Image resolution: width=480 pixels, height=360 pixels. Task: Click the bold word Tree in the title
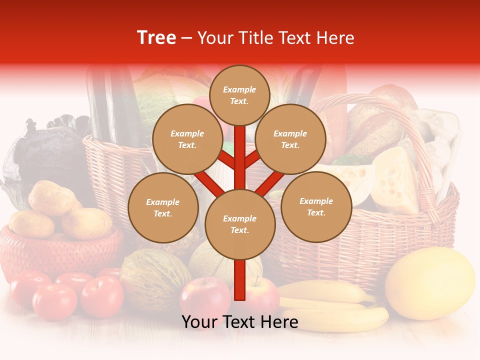click(x=156, y=38)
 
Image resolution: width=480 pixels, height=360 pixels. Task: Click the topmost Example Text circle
click(x=239, y=95)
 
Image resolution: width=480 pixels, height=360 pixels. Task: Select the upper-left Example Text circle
click(x=187, y=139)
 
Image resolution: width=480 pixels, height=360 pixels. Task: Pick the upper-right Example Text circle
click(x=290, y=139)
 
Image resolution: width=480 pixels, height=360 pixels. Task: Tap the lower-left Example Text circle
click(x=163, y=208)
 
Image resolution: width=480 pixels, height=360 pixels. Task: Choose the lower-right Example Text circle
click(x=316, y=206)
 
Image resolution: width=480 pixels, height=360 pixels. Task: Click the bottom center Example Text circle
click(x=240, y=224)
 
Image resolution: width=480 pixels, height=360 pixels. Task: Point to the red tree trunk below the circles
click(x=240, y=280)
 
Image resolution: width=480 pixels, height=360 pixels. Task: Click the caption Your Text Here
click(x=240, y=322)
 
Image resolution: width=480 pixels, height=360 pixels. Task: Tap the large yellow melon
click(x=430, y=283)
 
